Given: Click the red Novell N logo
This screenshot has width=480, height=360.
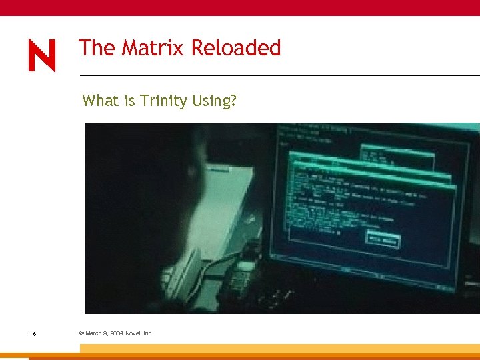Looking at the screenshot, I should pos(42,56).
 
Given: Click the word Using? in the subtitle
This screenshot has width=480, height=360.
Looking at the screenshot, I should pos(215,101).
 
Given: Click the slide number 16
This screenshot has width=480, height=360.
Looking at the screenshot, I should pos(32,333).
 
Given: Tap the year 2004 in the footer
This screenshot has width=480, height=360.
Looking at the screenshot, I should pos(114,333).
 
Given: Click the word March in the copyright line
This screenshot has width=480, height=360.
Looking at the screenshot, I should pos(94,333).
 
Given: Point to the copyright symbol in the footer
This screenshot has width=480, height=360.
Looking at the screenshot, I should pos(81,333).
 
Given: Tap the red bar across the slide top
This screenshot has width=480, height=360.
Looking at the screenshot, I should pos(240,7).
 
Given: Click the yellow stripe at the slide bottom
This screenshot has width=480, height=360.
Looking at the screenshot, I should pos(280,349).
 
